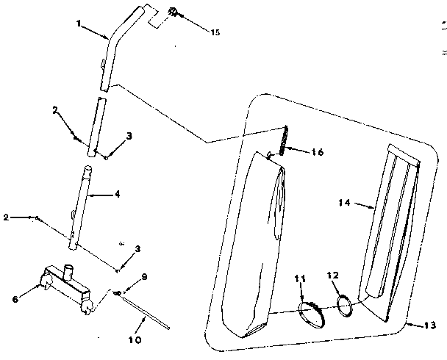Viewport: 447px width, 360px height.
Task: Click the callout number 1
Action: pos(79,23)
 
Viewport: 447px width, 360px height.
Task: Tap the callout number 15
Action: pos(215,32)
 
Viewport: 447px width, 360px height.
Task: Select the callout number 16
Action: pos(318,152)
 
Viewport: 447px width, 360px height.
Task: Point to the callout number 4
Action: pos(117,194)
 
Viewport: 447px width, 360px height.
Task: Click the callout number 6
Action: pos(15,299)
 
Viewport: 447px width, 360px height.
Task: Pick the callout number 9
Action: pos(144,277)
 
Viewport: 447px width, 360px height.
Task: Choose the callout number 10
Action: pos(135,339)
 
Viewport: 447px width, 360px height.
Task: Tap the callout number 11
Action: pos(300,278)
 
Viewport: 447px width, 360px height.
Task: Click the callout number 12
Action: pos(333,275)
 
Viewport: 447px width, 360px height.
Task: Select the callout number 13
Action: pos(430,325)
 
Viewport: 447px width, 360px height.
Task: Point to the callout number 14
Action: pos(344,203)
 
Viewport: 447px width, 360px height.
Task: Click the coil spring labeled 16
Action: pos(284,140)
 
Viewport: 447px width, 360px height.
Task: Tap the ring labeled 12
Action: pos(344,306)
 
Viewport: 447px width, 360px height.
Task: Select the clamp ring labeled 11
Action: pos(311,315)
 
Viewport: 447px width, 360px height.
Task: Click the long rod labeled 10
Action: pos(146,312)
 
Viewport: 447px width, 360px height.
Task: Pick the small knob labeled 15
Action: pos(173,12)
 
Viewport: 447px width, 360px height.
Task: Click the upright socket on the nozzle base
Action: pos(68,272)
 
